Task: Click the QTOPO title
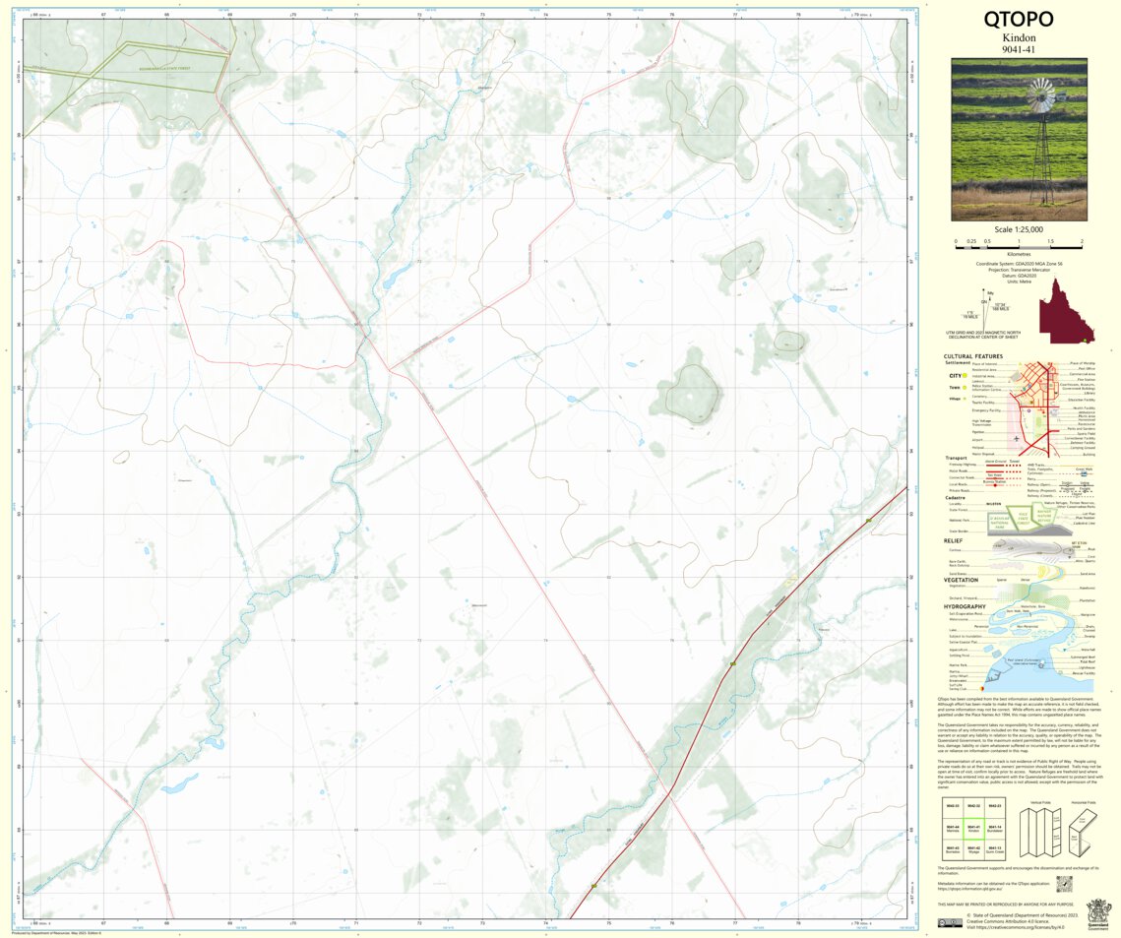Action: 1019,20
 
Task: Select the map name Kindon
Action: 1019,37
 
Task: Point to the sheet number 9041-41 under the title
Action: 1019,49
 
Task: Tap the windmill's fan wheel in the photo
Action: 1039,97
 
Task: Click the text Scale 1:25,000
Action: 1019,229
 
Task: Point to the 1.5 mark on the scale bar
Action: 1050,241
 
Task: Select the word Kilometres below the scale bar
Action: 1019,253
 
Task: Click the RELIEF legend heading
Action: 953,540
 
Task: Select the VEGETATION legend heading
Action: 961,580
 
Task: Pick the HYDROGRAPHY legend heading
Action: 965,606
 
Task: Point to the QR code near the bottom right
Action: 1063,884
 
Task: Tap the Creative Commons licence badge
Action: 950,922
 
